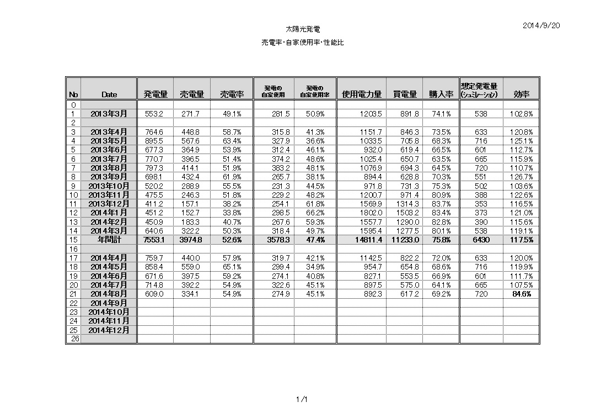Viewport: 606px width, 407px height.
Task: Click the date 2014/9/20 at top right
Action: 541,25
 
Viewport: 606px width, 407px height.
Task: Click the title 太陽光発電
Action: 302,28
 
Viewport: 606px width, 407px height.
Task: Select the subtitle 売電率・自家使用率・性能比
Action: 302,43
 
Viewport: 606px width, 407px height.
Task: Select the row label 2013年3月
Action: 109,114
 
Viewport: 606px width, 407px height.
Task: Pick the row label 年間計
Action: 109,240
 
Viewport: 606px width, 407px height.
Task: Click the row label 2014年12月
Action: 109,330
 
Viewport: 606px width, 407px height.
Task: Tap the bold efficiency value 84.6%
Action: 522,294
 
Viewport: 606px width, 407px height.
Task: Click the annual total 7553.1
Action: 155,240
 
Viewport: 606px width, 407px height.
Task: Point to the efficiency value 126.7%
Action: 522,177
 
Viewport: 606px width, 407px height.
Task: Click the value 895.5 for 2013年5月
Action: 155,141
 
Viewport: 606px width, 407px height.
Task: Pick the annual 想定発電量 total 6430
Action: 481,240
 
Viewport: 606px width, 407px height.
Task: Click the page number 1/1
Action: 302,399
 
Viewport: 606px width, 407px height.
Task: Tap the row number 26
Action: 73,339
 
